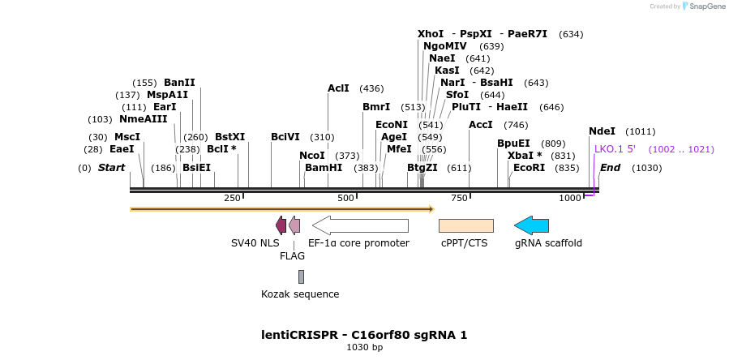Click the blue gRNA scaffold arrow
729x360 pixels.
click(x=532, y=225)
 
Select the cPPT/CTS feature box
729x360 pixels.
click(x=465, y=225)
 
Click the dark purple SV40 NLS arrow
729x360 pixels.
click(x=281, y=225)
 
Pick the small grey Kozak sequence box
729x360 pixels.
click(x=301, y=276)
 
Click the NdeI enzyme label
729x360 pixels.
click(x=602, y=131)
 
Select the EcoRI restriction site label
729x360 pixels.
click(x=529, y=168)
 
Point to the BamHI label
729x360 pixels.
click(x=324, y=168)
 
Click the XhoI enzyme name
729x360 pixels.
click(x=431, y=34)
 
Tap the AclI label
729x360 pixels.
click(x=338, y=88)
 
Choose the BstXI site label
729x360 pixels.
click(x=229, y=137)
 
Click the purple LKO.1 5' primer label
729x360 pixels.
click(x=620, y=149)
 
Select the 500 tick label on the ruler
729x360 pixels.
click(x=346, y=198)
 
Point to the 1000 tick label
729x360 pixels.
click(x=570, y=198)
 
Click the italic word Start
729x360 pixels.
click(x=112, y=168)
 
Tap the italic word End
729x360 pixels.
click(x=610, y=168)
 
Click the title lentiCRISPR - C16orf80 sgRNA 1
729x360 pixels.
click(x=364, y=335)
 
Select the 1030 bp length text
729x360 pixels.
click(x=364, y=348)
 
